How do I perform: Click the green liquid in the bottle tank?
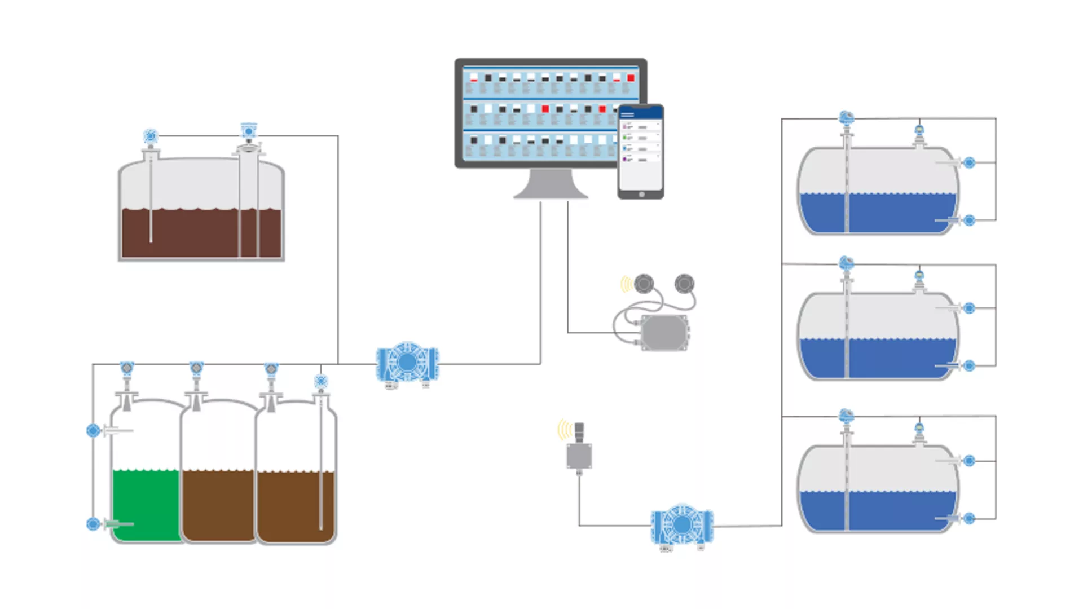click(x=146, y=505)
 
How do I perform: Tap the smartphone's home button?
click(x=641, y=195)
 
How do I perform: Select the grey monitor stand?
click(x=551, y=185)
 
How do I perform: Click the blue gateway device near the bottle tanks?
click(x=407, y=363)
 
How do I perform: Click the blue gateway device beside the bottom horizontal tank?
click(x=682, y=525)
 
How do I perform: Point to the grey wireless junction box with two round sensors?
click(x=664, y=333)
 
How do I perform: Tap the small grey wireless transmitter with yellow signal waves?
click(x=579, y=454)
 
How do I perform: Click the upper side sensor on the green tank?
click(x=94, y=431)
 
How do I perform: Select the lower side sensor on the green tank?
click(x=94, y=524)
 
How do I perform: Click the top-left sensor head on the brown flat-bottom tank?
click(x=150, y=136)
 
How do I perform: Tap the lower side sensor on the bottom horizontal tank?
click(x=969, y=518)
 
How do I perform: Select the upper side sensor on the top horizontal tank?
click(x=969, y=163)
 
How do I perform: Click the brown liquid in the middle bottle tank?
click(x=218, y=505)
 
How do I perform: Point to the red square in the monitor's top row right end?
click(x=631, y=78)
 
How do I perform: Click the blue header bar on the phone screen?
click(x=641, y=113)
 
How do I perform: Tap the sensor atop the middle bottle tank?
click(x=196, y=369)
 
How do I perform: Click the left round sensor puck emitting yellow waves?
click(x=644, y=284)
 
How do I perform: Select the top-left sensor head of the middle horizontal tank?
click(x=846, y=263)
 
